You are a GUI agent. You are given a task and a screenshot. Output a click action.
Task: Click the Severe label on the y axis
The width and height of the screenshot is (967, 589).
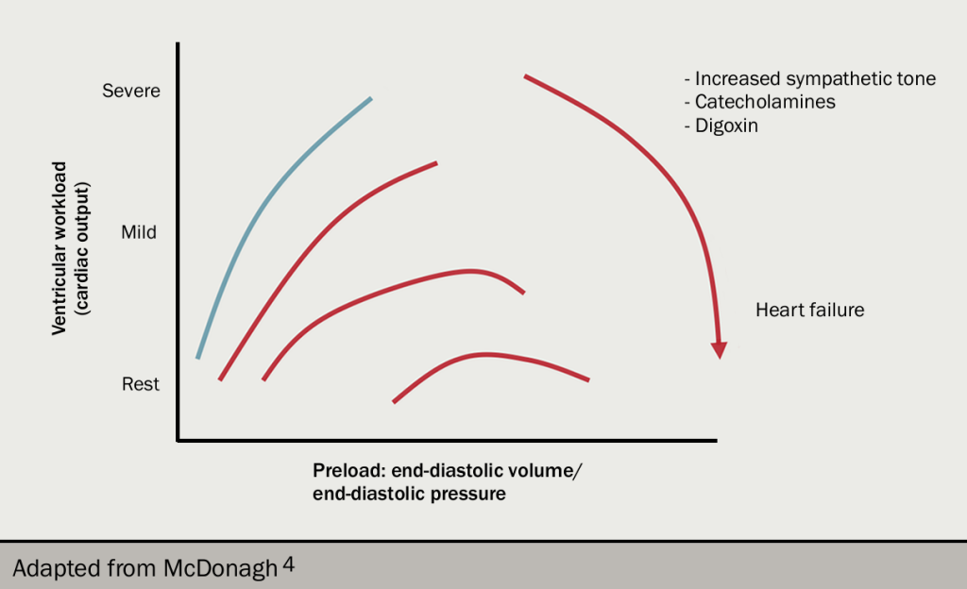[x=131, y=91]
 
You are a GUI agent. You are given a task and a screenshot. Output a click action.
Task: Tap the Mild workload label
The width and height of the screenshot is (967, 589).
[x=139, y=231]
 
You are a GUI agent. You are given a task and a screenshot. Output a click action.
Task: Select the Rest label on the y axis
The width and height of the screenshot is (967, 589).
[x=141, y=384]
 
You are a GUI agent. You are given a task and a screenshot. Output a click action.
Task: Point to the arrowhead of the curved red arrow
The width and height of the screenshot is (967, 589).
[x=720, y=348]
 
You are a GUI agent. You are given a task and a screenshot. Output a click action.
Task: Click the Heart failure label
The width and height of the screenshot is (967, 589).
[x=809, y=310]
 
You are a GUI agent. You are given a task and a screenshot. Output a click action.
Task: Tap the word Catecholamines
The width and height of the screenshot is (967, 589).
[x=765, y=102]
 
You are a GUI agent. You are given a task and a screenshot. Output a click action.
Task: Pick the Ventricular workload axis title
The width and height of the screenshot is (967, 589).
[x=59, y=247]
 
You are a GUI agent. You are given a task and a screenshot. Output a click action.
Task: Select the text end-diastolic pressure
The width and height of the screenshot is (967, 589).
[x=409, y=494]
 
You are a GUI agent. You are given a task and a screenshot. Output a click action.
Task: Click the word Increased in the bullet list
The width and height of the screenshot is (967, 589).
[x=739, y=79]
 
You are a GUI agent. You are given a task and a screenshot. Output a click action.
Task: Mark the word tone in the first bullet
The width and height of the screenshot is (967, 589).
[x=915, y=79]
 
